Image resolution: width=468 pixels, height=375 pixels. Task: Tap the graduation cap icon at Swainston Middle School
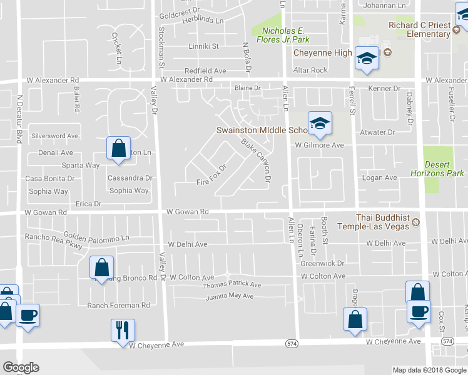tap(319, 123)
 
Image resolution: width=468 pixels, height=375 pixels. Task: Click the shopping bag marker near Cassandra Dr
tap(118, 149)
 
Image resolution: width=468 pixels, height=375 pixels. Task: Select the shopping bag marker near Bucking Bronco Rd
tap(101, 268)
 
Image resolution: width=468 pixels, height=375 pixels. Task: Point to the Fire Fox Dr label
tap(210, 176)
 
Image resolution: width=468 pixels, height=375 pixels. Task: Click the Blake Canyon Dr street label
tap(256, 161)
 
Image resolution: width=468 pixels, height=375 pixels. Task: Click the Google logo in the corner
tap(21, 367)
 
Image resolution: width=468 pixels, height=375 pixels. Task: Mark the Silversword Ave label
tap(55, 136)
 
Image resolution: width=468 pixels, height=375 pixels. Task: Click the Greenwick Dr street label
tap(323, 264)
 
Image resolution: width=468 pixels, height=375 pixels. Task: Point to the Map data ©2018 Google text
tap(429, 370)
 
